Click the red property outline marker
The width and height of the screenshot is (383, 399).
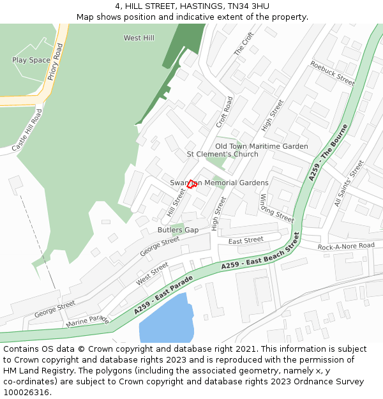191,184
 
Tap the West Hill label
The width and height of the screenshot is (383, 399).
139,38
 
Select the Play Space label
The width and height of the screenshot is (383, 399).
31,60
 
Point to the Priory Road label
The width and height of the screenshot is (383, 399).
55,62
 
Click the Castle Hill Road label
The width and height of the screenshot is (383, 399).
27,130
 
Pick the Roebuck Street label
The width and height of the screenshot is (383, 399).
332,73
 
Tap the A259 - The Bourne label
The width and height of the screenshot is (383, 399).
328,152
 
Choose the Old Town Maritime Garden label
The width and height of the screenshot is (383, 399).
261,146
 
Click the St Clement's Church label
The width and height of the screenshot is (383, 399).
222,154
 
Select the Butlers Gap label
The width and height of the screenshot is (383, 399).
178,230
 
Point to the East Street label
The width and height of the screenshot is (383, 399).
246,240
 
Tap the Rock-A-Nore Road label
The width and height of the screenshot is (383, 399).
346,246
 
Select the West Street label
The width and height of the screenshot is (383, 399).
152,274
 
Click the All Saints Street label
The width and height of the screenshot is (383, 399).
349,184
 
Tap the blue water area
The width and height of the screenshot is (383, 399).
165,322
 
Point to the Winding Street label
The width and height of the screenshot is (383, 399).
276,207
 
